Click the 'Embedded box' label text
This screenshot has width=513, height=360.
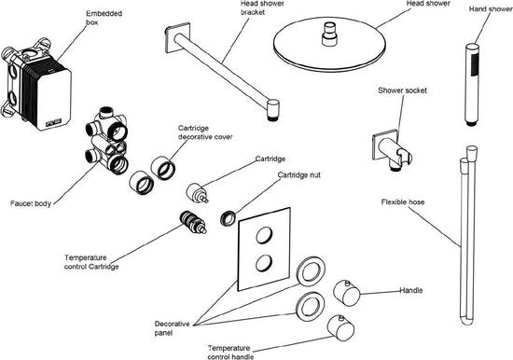click(x=104, y=18)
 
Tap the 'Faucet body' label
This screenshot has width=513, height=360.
click(x=31, y=203)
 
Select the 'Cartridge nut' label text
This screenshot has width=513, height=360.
click(x=299, y=175)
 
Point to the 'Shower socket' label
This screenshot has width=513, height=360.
click(x=402, y=90)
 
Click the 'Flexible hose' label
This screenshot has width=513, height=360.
click(x=403, y=202)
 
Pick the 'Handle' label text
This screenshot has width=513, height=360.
click(x=411, y=290)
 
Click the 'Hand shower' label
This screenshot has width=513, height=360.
click(x=491, y=8)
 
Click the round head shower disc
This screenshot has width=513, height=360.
click(x=330, y=44)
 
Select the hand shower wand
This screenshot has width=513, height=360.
click(x=472, y=84)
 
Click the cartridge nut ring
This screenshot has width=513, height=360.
click(x=228, y=218)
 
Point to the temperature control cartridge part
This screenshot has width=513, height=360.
click(x=193, y=223)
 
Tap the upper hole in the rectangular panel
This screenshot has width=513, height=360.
click(x=264, y=235)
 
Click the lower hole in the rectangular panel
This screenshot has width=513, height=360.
click(x=264, y=263)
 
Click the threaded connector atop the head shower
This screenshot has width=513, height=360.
click(x=329, y=34)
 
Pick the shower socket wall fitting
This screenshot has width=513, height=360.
click(x=392, y=150)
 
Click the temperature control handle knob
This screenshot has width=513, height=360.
click(x=340, y=328)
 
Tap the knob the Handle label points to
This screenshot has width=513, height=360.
click(x=347, y=293)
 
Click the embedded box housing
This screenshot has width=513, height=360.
click(x=36, y=85)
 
